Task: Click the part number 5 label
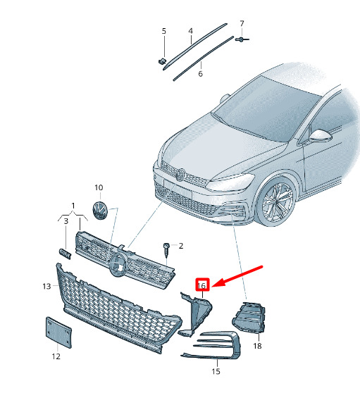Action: pos(164,31)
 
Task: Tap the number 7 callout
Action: pos(242,23)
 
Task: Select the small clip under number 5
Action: pos(162,61)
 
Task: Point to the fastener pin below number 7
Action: pos(242,39)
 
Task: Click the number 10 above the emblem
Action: pos(99,187)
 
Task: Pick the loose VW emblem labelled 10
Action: pos(100,211)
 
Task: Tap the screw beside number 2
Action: pos(166,250)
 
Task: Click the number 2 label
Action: pos(181,246)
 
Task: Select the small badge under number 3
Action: pos(65,254)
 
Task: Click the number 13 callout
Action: pos(46,286)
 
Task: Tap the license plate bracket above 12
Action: pos(58,332)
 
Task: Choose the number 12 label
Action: pos(56,356)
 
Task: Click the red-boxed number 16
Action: pos(202,285)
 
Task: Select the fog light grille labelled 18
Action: pos(249,318)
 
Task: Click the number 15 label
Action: pos(216,371)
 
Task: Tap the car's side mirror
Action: pos(321,136)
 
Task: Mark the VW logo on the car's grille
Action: pos(180,175)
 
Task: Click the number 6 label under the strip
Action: pos(201,74)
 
